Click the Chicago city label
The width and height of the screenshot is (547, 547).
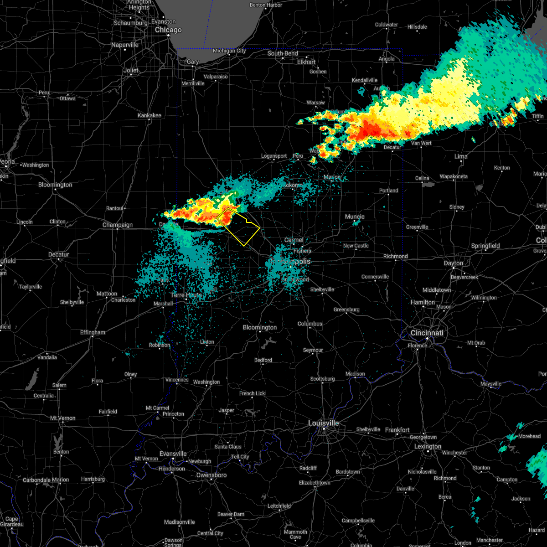pos(168,30)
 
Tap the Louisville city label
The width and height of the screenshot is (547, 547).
pos(323,423)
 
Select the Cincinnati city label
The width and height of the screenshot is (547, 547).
pos(427,333)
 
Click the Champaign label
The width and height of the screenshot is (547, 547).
pos(117,225)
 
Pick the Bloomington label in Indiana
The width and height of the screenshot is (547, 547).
pos(259,327)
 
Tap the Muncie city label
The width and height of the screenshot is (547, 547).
pos(355,217)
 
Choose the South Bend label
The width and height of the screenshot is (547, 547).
pos(283,53)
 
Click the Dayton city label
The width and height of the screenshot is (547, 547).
pos(454,263)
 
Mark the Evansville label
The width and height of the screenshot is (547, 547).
pos(173,454)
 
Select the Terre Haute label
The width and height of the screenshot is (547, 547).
pos(186,295)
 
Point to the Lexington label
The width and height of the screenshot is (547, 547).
pos(428,446)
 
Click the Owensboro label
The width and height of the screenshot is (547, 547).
pos(211,475)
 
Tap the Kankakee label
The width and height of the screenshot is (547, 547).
pos(149,115)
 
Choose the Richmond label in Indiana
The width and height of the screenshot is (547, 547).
pos(395,256)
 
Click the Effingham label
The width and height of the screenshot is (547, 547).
pos(93,332)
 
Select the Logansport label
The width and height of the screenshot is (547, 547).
pos(274,156)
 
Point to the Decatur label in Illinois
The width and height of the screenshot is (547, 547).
pos(58,254)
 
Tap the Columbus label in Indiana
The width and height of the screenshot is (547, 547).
pos(310,324)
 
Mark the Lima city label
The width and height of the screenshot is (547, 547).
pos(460,156)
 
